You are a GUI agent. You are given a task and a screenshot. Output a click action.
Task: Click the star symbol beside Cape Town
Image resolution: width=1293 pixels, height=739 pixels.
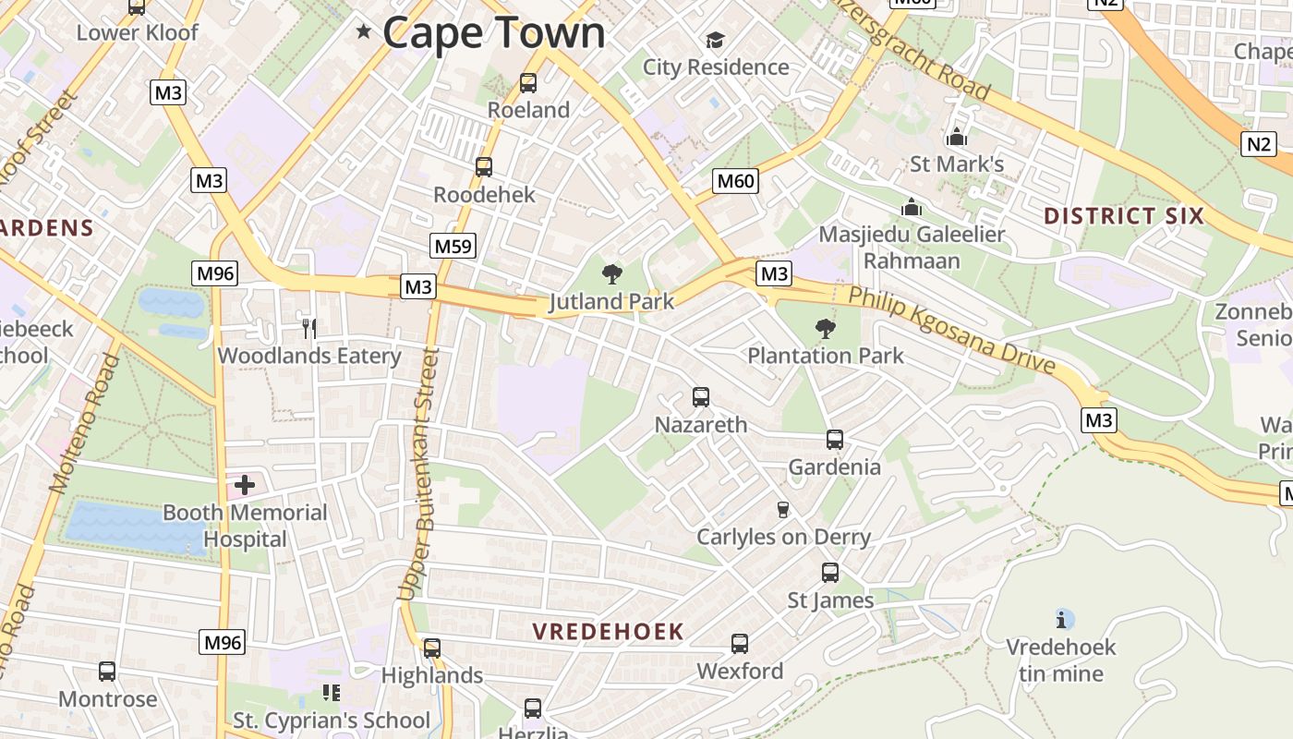(364, 32)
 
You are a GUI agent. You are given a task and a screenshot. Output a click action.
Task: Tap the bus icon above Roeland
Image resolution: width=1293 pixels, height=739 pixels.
(528, 83)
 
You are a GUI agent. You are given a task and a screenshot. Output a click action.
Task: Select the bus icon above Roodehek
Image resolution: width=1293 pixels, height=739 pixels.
(484, 167)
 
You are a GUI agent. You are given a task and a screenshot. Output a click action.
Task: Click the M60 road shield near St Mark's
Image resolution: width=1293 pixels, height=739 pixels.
(736, 181)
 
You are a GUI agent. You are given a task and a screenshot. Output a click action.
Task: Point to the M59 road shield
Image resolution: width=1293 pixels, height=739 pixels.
(453, 246)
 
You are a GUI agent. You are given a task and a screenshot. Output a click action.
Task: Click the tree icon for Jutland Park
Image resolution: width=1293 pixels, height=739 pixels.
(611, 273)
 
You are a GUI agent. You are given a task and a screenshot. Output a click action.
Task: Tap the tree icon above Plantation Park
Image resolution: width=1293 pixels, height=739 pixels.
(825, 328)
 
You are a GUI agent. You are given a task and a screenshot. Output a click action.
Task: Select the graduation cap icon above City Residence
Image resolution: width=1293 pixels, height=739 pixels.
(715, 40)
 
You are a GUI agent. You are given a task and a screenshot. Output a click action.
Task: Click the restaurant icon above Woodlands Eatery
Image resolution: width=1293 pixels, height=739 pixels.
(309, 328)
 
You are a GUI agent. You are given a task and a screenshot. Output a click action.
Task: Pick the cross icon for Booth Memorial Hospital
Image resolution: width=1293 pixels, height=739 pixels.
(245, 484)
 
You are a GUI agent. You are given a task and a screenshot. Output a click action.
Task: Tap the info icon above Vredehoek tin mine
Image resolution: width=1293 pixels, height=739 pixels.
(1064, 619)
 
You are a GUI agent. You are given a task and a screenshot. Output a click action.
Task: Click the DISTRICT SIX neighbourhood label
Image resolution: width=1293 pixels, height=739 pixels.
(1124, 216)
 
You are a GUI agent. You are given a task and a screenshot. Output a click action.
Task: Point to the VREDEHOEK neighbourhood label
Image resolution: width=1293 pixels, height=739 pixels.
(609, 632)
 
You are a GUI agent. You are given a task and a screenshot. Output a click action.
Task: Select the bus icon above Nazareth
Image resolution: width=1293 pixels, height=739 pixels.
(701, 397)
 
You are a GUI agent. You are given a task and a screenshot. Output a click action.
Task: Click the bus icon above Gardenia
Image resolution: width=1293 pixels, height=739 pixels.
(835, 440)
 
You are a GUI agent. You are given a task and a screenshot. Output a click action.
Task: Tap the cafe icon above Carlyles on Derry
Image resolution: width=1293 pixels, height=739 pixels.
(783, 510)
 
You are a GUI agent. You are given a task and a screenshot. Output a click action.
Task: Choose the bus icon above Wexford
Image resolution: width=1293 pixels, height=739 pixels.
(740, 644)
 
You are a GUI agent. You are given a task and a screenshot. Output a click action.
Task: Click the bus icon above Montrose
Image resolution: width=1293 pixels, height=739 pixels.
(107, 672)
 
